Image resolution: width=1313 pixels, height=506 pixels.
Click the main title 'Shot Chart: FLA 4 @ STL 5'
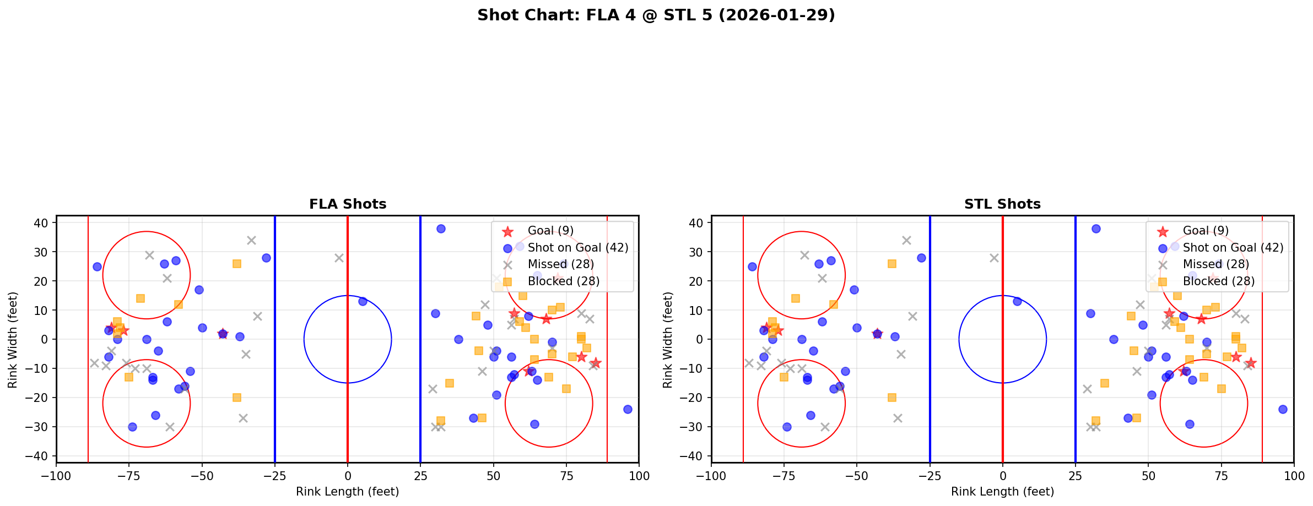click(656, 15)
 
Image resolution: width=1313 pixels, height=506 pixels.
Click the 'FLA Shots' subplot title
click(348, 204)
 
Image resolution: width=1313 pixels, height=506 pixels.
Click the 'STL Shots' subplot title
click(1002, 204)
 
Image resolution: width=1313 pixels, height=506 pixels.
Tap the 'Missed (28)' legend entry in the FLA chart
click(560, 264)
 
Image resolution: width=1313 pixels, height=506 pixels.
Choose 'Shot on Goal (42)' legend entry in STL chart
click(1233, 248)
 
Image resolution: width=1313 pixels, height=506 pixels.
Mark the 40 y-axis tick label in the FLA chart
click(44, 223)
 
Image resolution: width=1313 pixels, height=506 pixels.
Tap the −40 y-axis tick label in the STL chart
click(695, 456)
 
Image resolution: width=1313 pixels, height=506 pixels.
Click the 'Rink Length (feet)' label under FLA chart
click(348, 492)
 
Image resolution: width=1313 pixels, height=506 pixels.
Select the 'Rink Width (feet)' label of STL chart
click(668, 339)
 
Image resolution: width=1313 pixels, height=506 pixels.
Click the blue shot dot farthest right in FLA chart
click(627, 409)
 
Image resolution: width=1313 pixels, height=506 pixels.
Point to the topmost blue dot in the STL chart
click(1096, 228)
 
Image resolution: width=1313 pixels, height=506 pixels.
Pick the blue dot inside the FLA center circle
click(363, 301)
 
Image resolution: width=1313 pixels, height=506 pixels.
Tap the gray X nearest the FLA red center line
click(339, 258)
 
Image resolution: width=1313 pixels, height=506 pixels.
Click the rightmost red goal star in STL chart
click(1251, 363)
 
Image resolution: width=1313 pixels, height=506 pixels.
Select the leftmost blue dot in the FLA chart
click(97, 266)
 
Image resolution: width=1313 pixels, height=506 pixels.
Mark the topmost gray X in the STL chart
click(906, 240)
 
